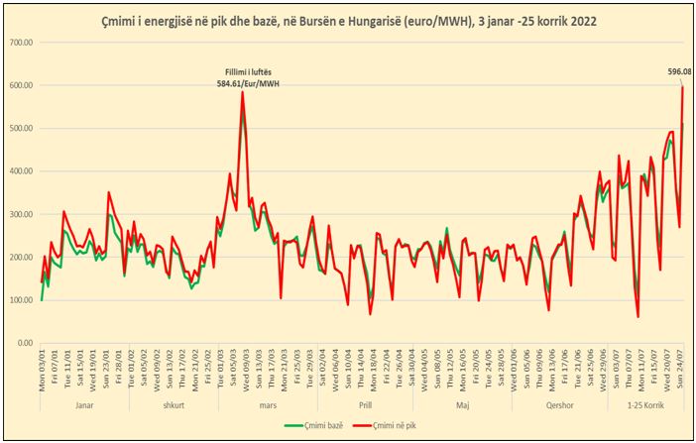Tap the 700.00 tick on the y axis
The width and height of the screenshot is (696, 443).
(21, 43)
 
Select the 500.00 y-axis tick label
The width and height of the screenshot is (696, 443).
(21, 129)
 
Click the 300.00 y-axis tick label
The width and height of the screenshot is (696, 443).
(21, 214)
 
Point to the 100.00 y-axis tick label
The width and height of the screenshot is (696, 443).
(21, 300)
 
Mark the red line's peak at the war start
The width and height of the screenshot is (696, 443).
(242, 92)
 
